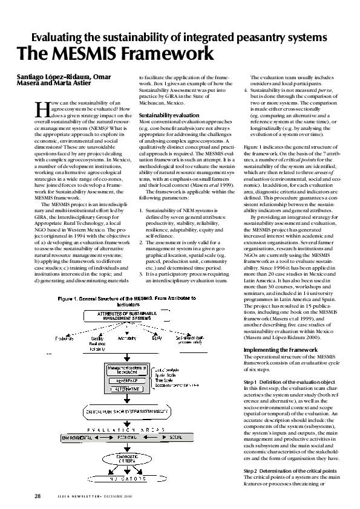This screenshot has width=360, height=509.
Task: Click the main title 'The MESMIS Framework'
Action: [x=115, y=54]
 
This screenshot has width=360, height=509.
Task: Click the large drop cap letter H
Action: [x=41, y=109]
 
